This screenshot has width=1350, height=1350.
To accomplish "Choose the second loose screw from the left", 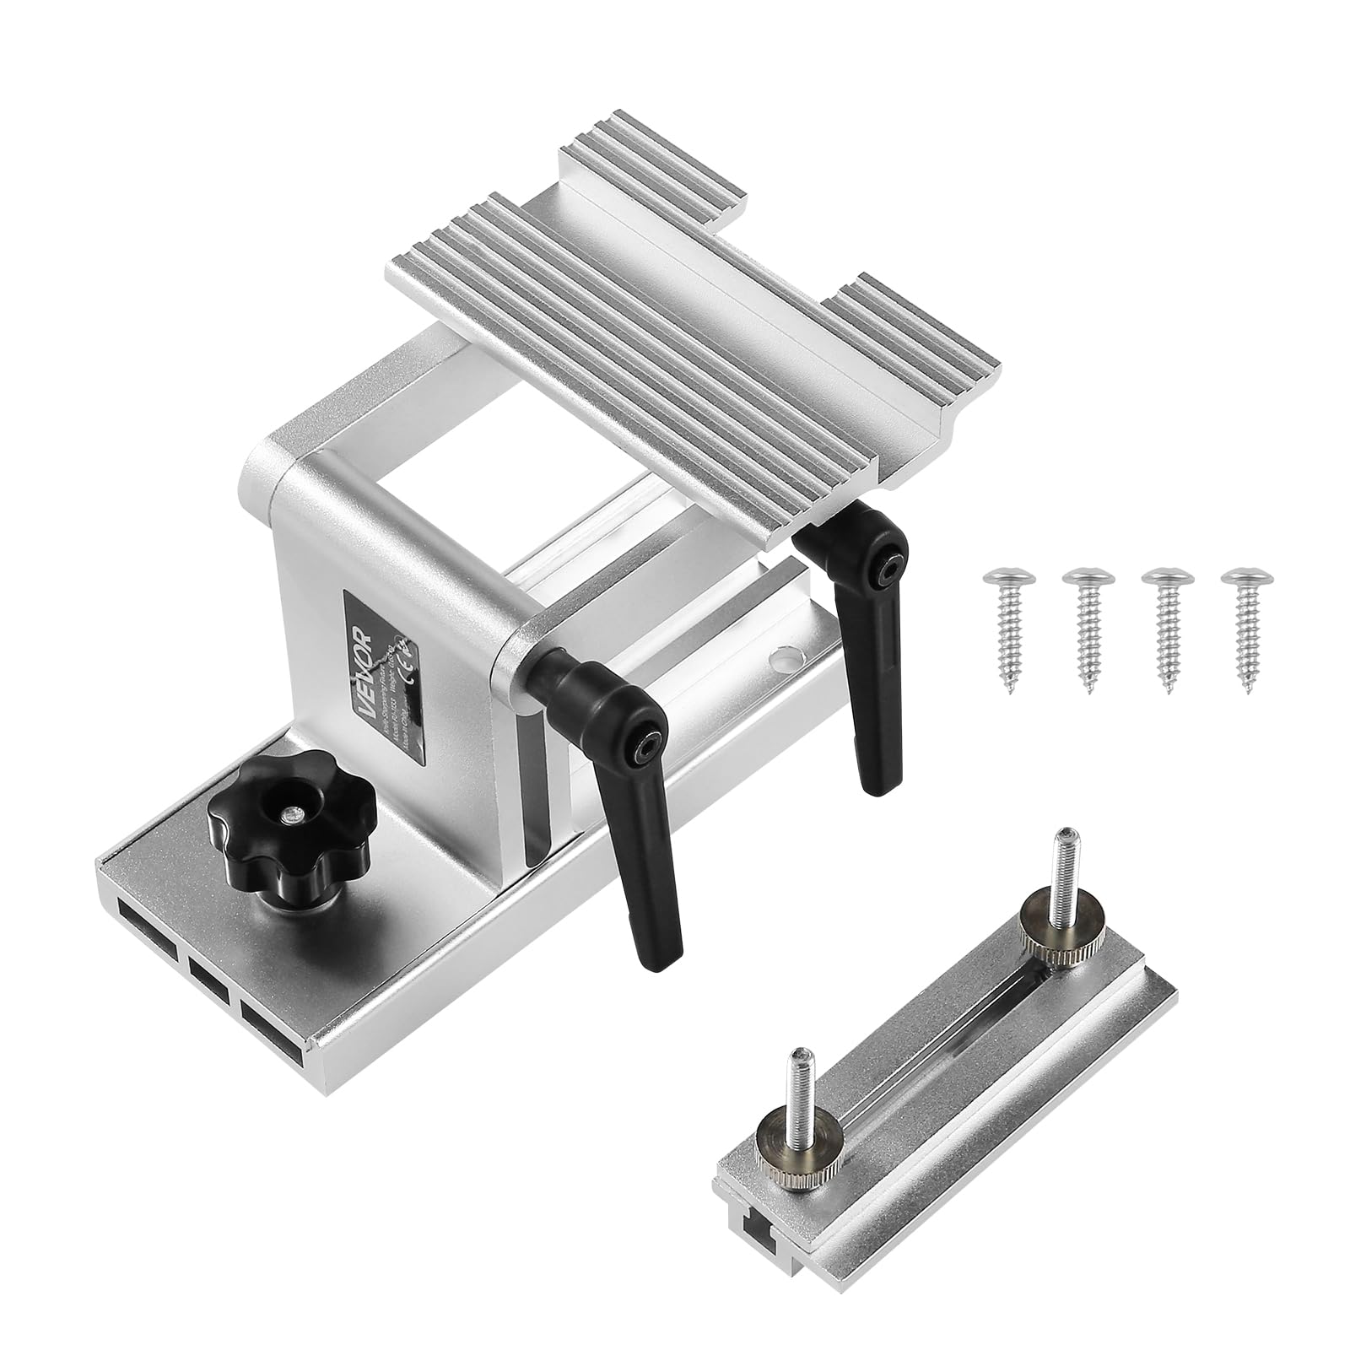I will (x=1086, y=619).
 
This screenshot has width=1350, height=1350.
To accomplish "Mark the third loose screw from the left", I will (x=1165, y=620).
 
